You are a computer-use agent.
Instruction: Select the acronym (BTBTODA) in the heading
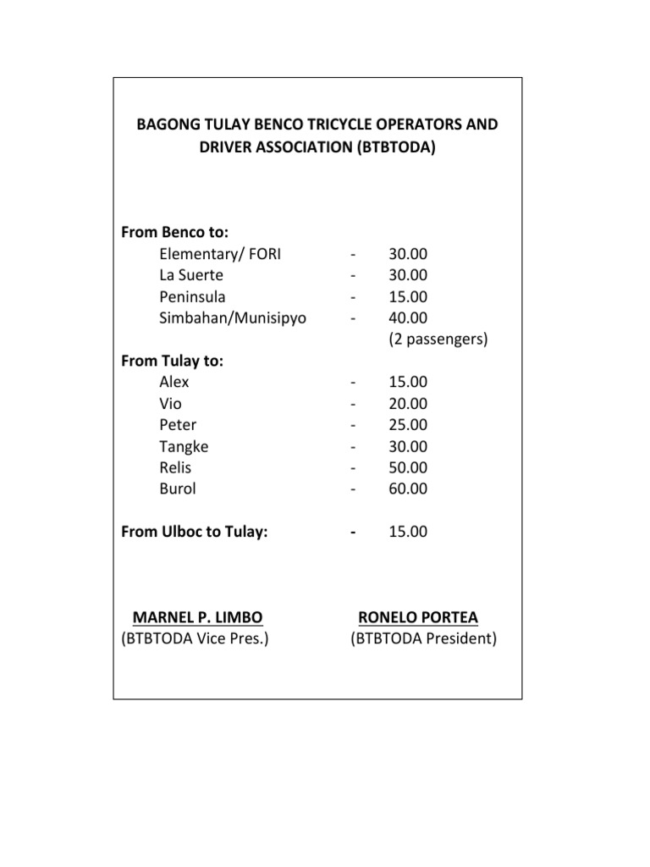396,146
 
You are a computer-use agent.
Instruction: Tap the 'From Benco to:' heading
176,232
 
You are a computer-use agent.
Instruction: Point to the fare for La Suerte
408,275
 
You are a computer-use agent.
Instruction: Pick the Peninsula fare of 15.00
408,296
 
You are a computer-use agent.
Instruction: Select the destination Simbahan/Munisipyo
233,318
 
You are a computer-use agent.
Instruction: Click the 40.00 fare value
408,318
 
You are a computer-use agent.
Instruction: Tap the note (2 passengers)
438,340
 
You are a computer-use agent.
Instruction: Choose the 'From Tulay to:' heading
173,361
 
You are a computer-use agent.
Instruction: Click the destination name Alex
174,382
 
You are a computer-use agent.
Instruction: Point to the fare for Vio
408,404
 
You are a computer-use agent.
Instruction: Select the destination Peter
178,425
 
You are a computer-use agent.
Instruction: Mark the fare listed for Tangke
408,446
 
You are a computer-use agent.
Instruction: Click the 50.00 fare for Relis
408,467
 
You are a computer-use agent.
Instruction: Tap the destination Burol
177,489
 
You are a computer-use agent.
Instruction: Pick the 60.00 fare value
408,489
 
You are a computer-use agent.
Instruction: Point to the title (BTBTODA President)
424,639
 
